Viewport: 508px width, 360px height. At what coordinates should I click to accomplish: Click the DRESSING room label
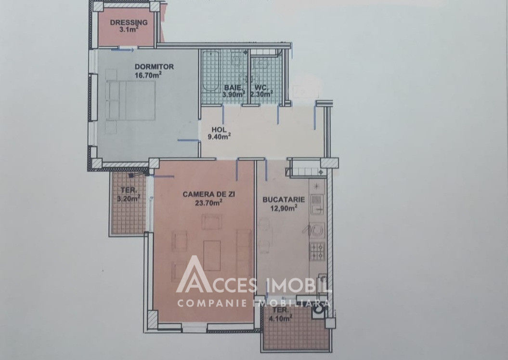click(x=129, y=22)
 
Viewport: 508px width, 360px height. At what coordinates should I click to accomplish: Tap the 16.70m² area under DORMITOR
click(x=148, y=75)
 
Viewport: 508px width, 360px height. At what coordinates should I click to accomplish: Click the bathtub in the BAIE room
click(x=210, y=71)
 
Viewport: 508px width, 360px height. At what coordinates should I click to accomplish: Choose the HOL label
click(x=219, y=130)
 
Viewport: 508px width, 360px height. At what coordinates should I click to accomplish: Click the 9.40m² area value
click(x=219, y=136)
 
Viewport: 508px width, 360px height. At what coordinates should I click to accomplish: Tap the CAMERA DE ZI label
click(x=208, y=194)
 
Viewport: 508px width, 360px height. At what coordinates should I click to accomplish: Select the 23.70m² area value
click(x=208, y=203)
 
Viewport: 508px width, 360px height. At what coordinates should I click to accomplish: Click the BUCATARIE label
click(x=284, y=200)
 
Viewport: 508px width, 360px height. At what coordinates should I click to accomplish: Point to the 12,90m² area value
click(x=284, y=208)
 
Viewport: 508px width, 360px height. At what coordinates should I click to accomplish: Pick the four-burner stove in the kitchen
click(x=317, y=252)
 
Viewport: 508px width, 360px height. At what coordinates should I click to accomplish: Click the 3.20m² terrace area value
click(x=128, y=198)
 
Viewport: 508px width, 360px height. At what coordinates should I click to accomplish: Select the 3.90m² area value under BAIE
click(x=233, y=94)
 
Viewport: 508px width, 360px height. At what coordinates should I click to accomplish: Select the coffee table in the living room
click(x=212, y=255)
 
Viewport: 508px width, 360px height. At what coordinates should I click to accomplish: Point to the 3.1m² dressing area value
click(x=129, y=29)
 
